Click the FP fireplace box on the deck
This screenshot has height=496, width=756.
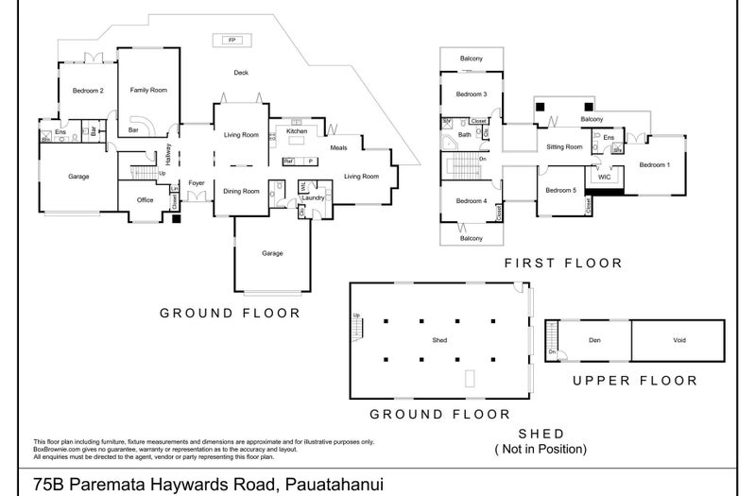tap(232, 40)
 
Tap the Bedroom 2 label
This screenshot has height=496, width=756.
tap(88, 90)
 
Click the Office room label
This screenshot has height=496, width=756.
tap(145, 199)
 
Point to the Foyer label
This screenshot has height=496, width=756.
tap(197, 182)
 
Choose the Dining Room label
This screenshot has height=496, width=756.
tap(241, 192)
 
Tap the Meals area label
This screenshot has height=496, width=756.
tap(338, 147)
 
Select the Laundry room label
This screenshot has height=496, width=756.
tap(314, 198)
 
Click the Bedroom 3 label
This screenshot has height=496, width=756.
tap(471, 94)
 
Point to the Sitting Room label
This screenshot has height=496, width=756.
tap(564, 147)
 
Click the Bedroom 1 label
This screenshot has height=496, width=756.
tap(654, 165)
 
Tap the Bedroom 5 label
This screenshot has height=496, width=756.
tap(560, 192)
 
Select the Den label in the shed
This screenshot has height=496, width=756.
tap(594, 339)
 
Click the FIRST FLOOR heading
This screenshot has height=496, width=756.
tap(563, 264)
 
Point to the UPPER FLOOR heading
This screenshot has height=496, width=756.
tap(635, 381)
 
